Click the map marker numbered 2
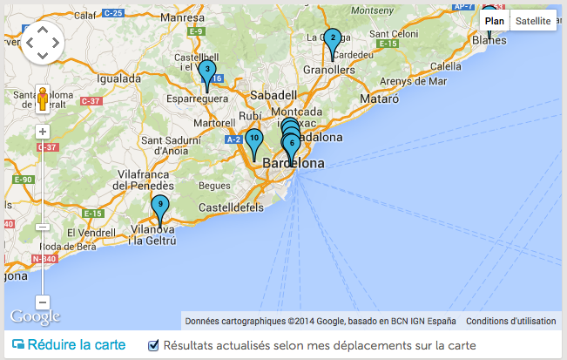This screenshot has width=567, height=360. [x=332, y=38]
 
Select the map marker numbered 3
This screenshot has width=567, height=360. [x=207, y=70]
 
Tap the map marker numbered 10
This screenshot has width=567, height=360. [x=253, y=139]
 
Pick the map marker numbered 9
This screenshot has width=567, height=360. [x=160, y=206]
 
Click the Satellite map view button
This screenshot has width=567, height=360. [x=532, y=20]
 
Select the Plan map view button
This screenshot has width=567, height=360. [x=495, y=20]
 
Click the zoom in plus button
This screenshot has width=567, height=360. [x=43, y=132]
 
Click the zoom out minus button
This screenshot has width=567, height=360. [x=43, y=302]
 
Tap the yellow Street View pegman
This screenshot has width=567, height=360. [x=43, y=98]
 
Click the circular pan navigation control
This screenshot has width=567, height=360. [x=43, y=41]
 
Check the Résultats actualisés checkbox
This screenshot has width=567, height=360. [x=154, y=345]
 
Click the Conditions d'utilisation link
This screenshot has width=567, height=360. [x=510, y=321]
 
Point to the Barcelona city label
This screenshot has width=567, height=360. [x=294, y=164]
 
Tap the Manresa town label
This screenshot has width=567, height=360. [x=181, y=17]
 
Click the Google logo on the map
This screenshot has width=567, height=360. [x=35, y=316]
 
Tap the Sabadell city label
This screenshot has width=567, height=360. [x=273, y=94]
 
